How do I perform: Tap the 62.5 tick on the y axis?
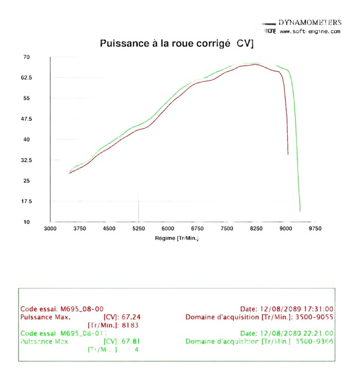tap(27, 77)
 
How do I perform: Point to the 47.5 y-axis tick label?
tap(27, 119)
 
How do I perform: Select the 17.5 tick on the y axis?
tap(27, 202)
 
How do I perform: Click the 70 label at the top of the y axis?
tap(26, 57)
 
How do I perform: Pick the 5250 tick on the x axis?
tap(139, 229)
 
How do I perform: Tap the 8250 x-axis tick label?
tap(256, 229)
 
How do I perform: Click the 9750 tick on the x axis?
tap(315, 229)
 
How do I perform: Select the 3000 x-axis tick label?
tap(50, 229)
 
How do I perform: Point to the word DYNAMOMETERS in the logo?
tap(310, 23)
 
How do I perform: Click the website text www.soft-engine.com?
tap(310, 32)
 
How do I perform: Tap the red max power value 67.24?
tap(131, 317)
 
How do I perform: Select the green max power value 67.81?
tap(131, 341)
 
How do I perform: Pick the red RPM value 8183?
tap(131, 325)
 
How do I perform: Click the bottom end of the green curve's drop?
tap(300, 211)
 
